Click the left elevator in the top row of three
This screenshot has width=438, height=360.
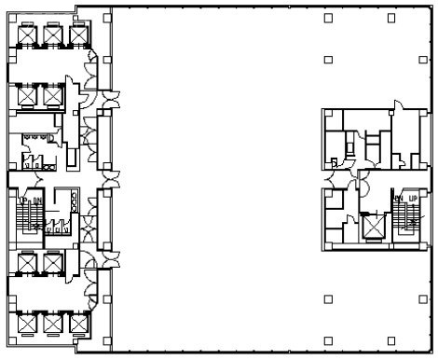point(26,35)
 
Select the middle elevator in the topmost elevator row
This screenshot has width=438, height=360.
point(51,35)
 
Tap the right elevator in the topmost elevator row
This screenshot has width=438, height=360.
point(76,35)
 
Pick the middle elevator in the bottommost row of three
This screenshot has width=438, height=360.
point(51,324)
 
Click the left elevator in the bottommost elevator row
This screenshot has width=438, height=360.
point(26,324)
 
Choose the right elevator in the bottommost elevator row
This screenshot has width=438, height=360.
point(76,324)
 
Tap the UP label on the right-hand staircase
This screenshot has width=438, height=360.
point(410,199)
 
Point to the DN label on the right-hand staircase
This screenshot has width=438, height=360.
point(398,199)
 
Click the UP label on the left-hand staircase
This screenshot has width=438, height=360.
point(24,199)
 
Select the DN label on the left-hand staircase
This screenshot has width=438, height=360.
point(37,199)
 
